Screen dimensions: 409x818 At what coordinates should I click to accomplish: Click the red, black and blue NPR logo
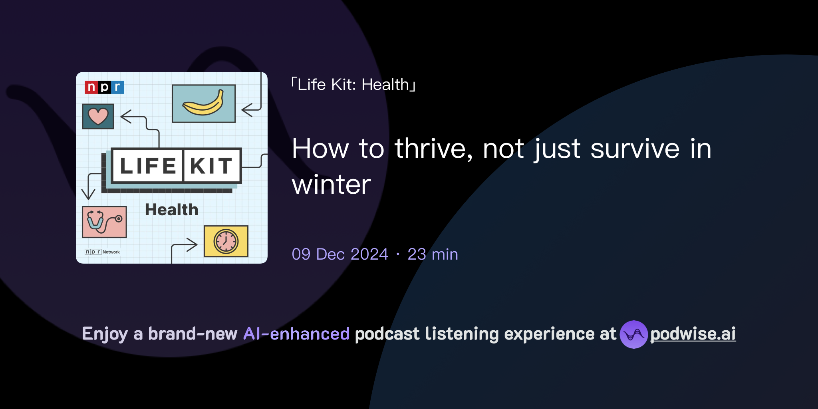104,87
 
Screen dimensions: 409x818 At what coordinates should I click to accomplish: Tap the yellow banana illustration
203,103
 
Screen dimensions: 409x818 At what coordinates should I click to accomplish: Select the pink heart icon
98,116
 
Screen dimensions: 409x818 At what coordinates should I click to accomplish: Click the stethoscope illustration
104,222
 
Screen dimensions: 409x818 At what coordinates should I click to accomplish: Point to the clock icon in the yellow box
226,241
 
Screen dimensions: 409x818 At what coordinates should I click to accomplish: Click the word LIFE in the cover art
148,166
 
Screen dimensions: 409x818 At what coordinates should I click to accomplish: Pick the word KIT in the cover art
211,166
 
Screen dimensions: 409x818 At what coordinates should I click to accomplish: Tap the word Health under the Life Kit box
171,210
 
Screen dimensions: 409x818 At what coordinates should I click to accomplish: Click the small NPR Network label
102,252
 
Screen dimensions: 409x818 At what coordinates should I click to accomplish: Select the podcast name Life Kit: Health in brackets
353,85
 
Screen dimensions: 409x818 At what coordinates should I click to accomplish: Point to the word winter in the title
332,185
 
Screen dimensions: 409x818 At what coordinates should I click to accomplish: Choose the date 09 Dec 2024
340,254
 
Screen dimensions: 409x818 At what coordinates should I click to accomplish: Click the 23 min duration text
433,254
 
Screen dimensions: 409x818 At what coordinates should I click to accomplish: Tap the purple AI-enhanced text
296,334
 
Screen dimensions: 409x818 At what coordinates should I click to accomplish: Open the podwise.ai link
693,334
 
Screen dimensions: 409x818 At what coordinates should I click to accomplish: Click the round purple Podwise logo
633,334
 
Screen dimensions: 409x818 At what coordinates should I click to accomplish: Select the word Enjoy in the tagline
105,334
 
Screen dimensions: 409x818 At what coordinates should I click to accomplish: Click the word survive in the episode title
635,149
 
